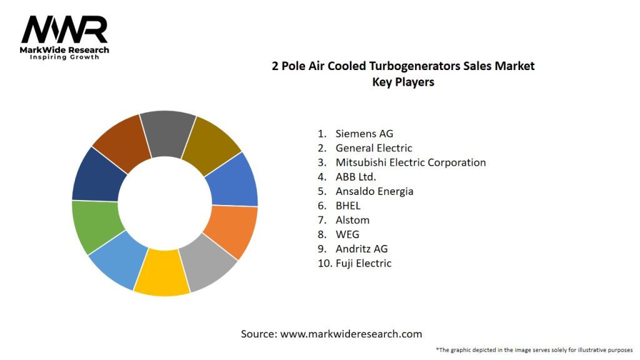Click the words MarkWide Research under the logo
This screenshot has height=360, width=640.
click(x=65, y=50)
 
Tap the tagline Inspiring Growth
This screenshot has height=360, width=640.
click(x=65, y=57)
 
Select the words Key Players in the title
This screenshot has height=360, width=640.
click(x=403, y=82)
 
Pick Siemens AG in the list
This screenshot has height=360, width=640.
click(x=364, y=133)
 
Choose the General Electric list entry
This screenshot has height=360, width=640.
click(x=374, y=148)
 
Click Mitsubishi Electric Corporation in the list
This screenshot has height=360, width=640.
click(x=411, y=162)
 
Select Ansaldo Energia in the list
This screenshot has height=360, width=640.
click(x=374, y=191)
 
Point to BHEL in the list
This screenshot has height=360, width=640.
click(x=348, y=206)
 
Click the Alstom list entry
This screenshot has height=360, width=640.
click(x=352, y=220)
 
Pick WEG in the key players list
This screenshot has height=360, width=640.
click(x=347, y=234)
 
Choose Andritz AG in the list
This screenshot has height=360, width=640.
click(x=361, y=249)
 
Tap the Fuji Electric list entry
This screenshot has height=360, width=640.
click(x=363, y=263)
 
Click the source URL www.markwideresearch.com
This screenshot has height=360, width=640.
click(x=351, y=334)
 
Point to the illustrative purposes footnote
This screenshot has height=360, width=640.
click(x=534, y=350)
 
